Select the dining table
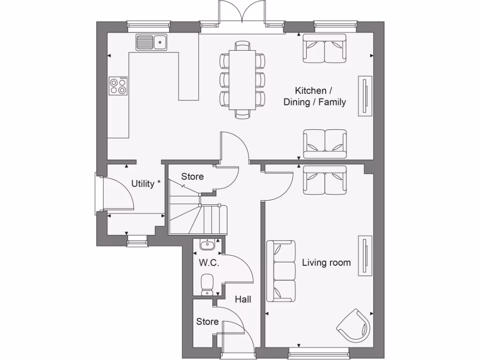(242, 80)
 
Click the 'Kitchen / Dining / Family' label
(315, 96)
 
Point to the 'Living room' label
(326, 262)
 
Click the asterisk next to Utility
(159, 182)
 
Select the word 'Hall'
(243, 299)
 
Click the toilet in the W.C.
(207, 284)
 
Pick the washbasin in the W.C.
(207, 245)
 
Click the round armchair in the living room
(354, 325)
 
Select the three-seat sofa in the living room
(281, 271)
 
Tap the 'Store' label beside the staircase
(192, 177)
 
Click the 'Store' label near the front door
(207, 322)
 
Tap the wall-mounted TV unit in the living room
(364, 256)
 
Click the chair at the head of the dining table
(242, 46)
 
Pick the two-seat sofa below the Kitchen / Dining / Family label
(325, 143)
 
